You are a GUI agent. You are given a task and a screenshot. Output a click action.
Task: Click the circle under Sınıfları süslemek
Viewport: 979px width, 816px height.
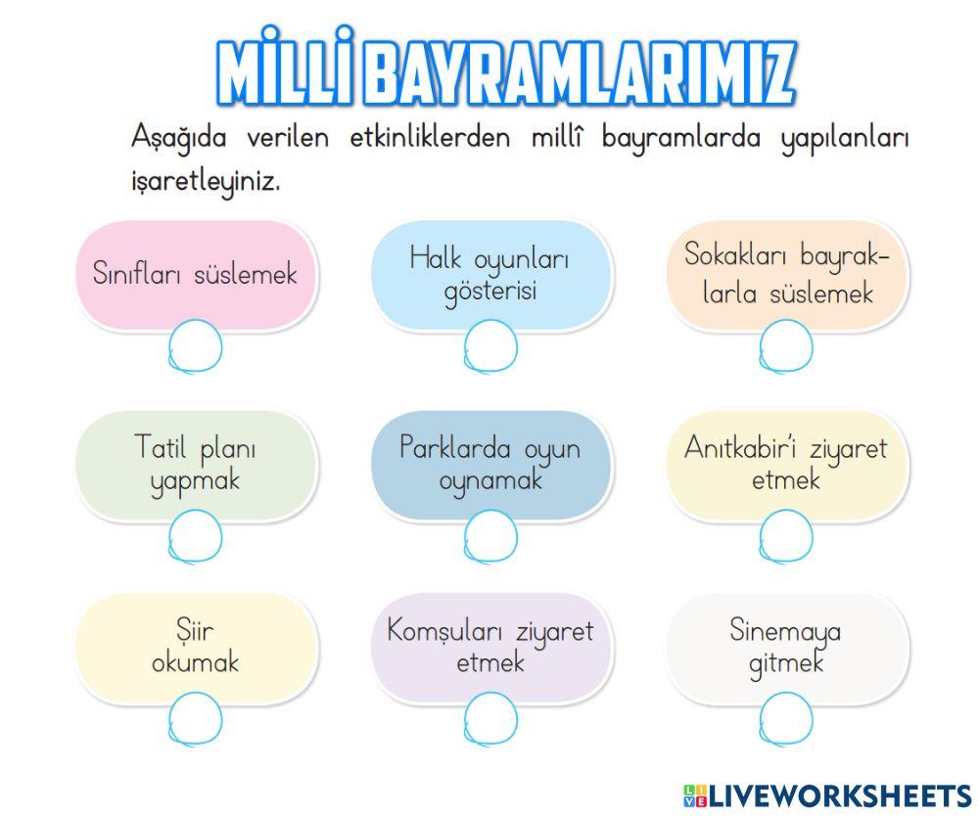pos(196,346)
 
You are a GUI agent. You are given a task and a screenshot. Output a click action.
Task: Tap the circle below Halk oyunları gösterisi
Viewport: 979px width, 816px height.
pos(490,346)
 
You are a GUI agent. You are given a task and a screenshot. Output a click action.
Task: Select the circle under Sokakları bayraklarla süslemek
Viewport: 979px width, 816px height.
pos(786,346)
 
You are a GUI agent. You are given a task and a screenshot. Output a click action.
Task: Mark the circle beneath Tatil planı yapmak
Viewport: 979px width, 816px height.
pos(196,536)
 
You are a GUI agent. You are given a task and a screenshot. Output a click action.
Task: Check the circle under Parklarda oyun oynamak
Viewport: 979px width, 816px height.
pos(490,536)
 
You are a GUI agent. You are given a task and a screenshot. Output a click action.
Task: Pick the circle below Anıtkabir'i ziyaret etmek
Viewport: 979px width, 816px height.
pos(786,536)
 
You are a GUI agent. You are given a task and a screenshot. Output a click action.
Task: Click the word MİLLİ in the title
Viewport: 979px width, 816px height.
pos(283,72)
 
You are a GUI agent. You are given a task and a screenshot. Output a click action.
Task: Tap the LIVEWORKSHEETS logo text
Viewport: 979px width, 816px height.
pos(838,794)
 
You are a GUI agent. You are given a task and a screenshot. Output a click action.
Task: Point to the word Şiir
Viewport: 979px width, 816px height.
pos(195,630)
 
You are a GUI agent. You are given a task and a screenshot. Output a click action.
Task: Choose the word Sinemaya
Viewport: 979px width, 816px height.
pos(785,631)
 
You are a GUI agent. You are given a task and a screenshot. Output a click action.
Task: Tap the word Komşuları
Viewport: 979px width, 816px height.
pos(444,631)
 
